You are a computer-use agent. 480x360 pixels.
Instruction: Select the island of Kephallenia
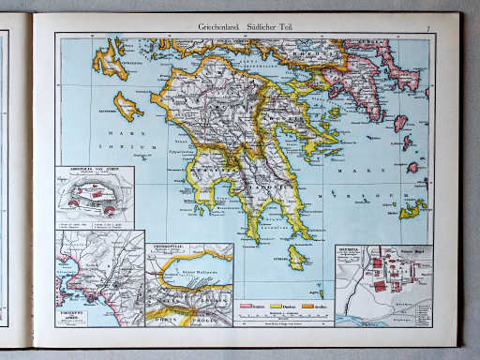[x=111, y=58]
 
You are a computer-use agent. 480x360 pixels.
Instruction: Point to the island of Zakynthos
[x=127, y=107]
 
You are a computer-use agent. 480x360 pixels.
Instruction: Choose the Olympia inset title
[x=351, y=249]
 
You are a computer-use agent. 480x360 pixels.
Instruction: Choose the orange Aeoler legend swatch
[x=314, y=306]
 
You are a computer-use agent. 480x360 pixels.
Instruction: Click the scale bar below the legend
[x=281, y=318]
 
